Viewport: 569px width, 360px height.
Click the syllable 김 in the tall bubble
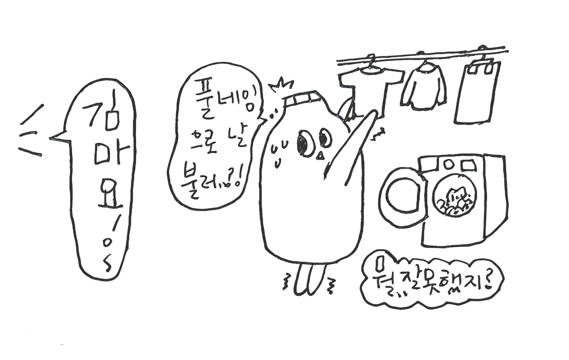coord(102,112)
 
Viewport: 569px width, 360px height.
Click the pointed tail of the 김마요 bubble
coord(50,138)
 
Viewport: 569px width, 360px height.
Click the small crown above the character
coord(282,85)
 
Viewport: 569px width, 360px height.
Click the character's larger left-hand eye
coord(304,143)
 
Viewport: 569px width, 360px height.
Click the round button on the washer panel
coord(449,165)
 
